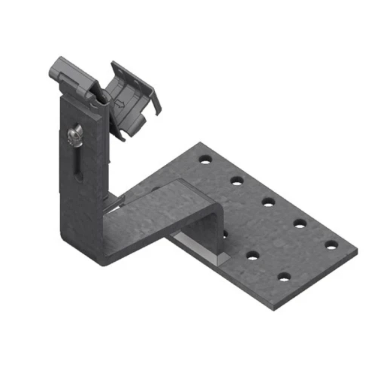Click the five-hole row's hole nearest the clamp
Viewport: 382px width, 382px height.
pyautogui.click(x=206, y=160)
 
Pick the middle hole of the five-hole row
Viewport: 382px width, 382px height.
pyautogui.click(x=269, y=202)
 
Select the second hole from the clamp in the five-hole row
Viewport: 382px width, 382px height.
pyautogui.click(x=237, y=181)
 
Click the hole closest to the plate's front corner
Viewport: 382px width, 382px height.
pyautogui.click(x=284, y=277)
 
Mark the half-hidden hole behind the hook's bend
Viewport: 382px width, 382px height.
pyautogui.click(x=225, y=233)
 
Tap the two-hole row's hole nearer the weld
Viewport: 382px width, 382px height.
pyautogui.click(x=253, y=255)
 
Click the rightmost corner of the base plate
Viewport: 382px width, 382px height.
pyautogui.click(x=357, y=252)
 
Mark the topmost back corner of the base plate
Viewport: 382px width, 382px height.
pyautogui.click(x=201, y=143)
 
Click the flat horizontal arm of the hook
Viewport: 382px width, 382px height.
pyautogui.click(x=160, y=214)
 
